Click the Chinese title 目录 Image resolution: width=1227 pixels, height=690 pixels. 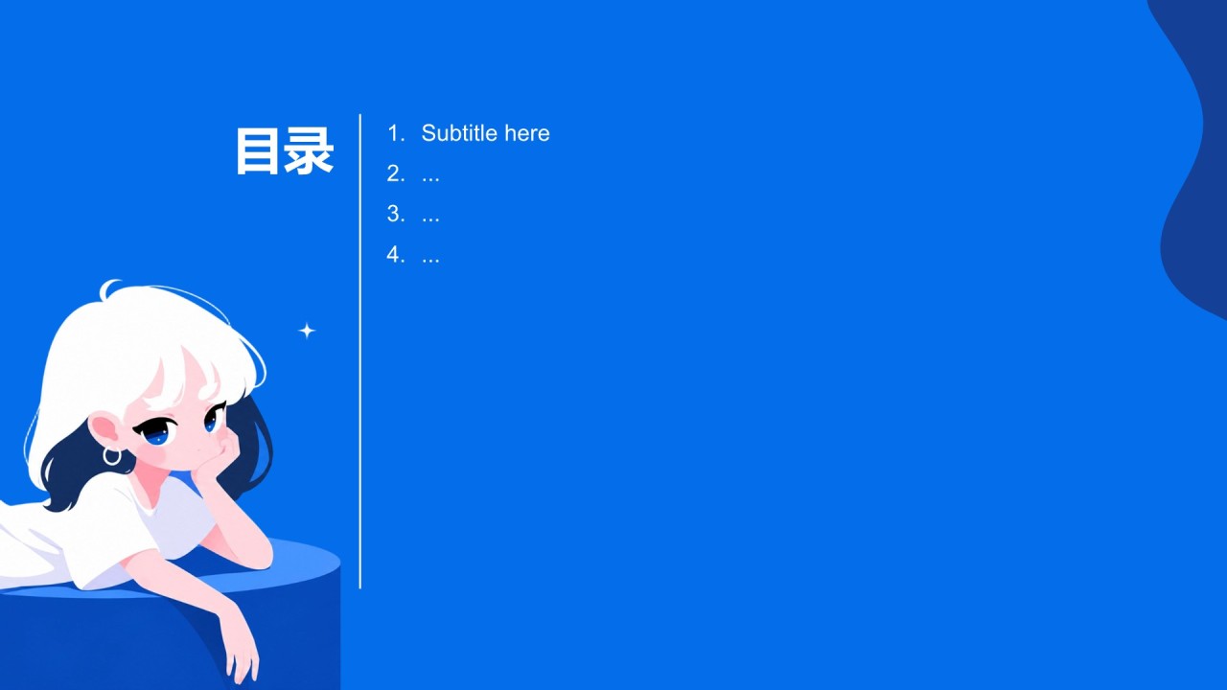click(285, 151)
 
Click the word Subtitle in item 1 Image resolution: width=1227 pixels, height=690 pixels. click(459, 133)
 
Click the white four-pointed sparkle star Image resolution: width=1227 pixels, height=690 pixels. click(307, 331)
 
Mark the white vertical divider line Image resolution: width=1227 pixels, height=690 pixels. click(359, 352)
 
